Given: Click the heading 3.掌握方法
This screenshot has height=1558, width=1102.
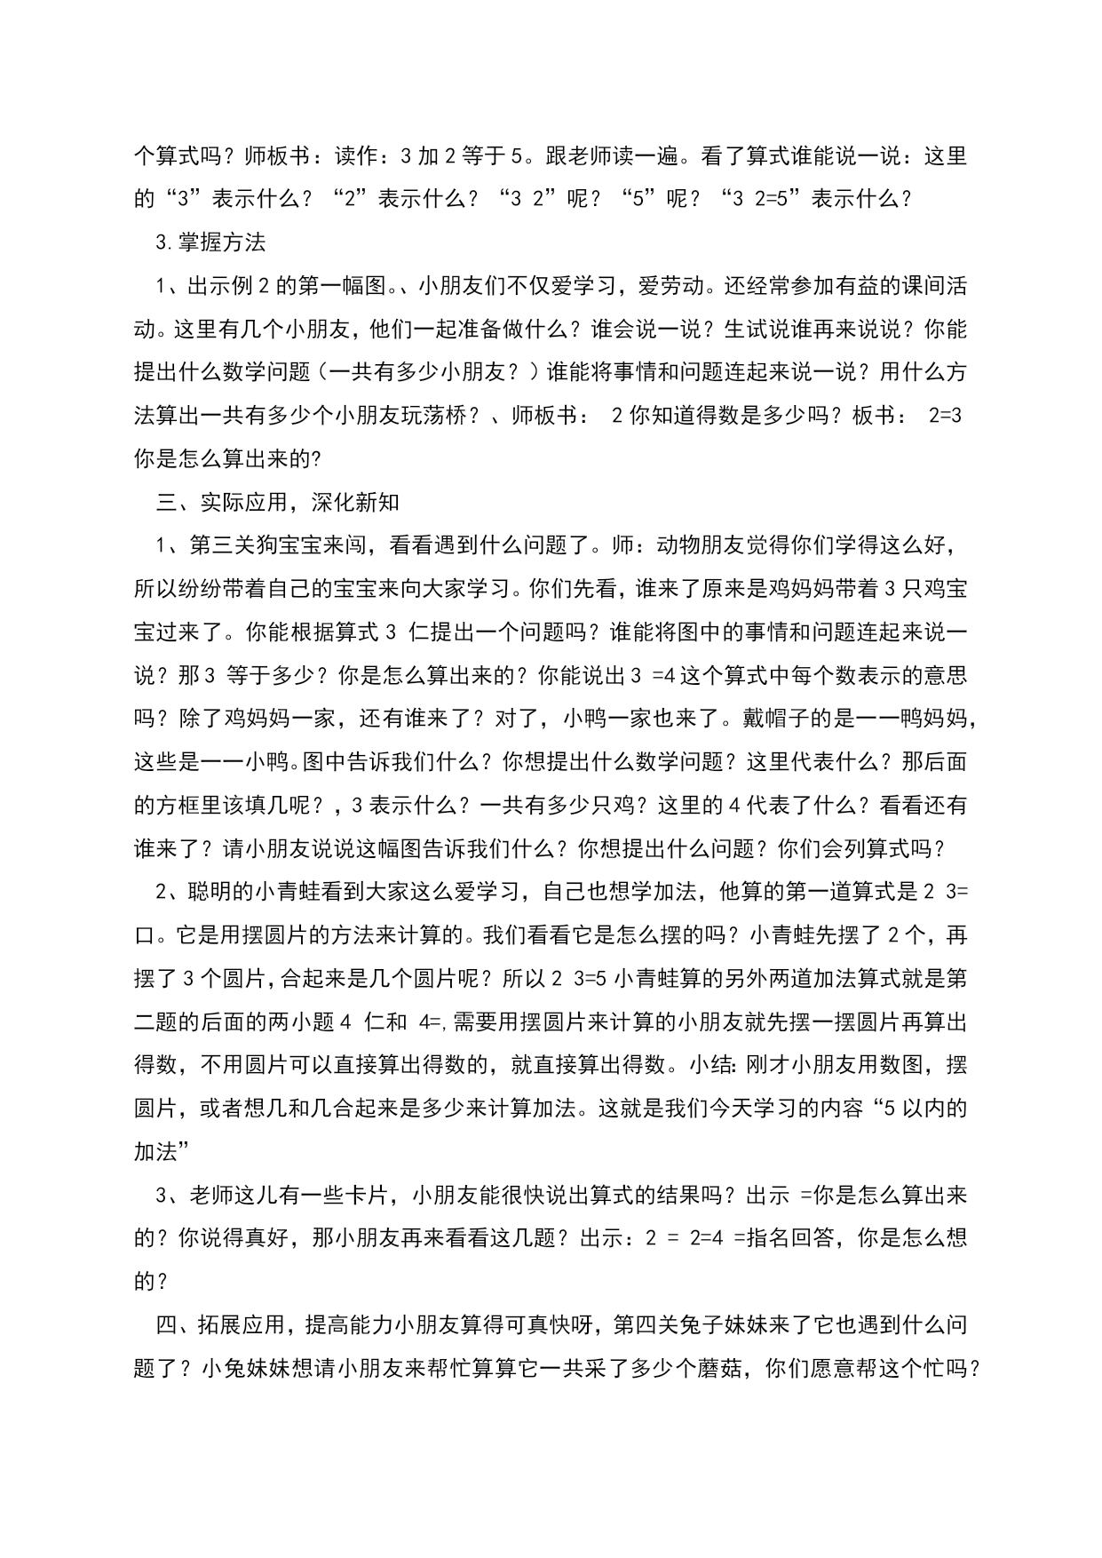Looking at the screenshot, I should pos(210,242).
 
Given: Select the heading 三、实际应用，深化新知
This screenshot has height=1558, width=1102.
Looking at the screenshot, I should pos(277,502).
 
